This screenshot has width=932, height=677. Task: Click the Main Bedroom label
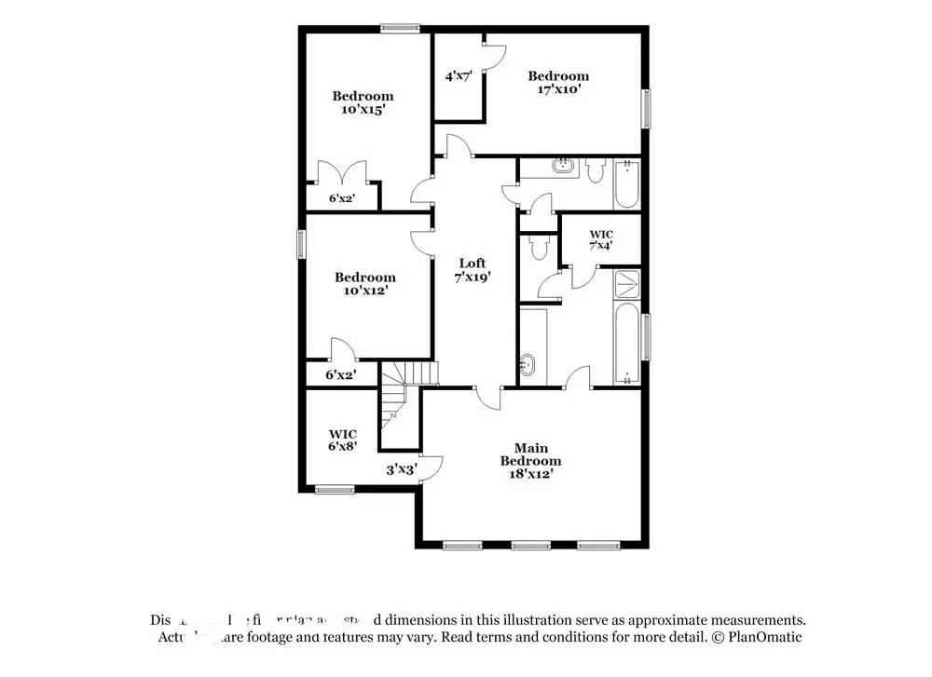point(530,454)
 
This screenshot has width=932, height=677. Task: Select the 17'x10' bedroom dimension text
point(558,89)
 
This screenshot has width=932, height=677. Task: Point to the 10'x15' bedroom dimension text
point(363,109)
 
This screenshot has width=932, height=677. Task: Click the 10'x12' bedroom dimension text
point(364,290)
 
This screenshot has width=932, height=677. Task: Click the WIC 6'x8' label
point(343,440)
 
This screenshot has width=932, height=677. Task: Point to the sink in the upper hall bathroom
point(563,168)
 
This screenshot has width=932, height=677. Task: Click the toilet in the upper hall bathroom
point(596,169)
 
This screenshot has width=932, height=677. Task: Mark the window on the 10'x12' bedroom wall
point(300,243)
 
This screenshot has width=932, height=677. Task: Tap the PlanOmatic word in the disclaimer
point(768,637)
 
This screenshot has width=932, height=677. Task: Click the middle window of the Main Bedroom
point(529,545)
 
